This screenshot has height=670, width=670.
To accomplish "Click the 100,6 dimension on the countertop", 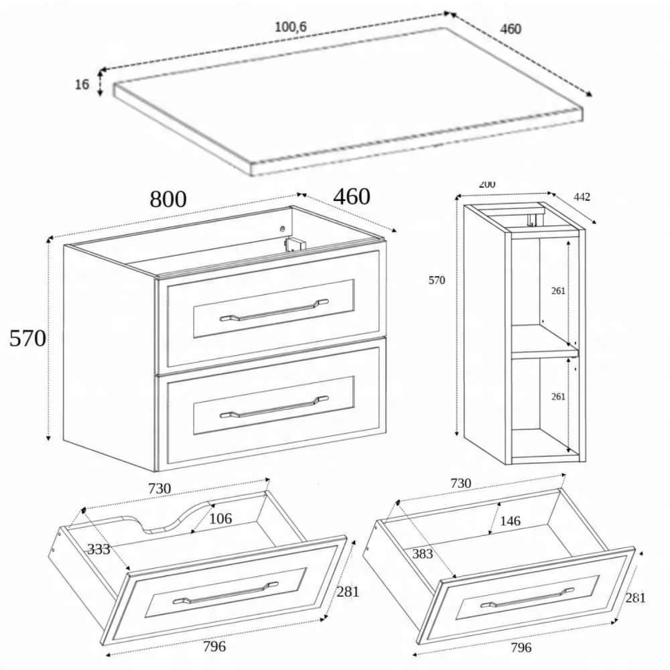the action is pyautogui.click(x=291, y=27).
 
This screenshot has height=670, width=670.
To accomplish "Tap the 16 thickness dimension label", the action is pyautogui.click(x=82, y=84).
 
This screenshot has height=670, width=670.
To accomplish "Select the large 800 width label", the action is pyautogui.click(x=168, y=199).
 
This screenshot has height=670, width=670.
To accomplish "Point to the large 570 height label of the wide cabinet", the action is pyautogui.click(x=27, y=338).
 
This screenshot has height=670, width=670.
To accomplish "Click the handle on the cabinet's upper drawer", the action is pyautogui.click(x=274, y=310).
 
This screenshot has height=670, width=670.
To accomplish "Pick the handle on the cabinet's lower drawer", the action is pyautogui.click(x=274, y=407).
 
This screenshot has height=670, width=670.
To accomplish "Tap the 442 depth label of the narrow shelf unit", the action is pyautogui.click(x=582, y=197).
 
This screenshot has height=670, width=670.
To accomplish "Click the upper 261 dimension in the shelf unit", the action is pyautogui.click(x=558, y=291).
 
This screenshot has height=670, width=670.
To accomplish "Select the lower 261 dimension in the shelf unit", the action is pyautogui.click(x=558, y=397).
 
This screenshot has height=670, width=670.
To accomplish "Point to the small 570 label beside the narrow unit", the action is pyautogui.click(x=437, y=280).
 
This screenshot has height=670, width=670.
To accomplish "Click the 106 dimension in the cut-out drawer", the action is pyautogui.click(x=220, y=519).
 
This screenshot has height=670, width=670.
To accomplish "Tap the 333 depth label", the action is pyautogui.click(x=98, y=549).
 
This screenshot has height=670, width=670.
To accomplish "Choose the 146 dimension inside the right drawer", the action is pyautogui.click(x=510, y=521).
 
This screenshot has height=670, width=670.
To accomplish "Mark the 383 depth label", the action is pyautogui.click(x=423, y=554).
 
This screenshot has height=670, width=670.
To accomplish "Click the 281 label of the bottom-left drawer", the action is pyautogui.click(x=348, y=592).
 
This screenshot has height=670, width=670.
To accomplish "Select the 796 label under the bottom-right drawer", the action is pyautogui.click(x=521, y=648).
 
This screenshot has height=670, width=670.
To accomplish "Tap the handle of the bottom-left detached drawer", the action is pyautogui.click(x=225, y=593).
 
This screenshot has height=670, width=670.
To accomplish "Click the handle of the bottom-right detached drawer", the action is pyautogui.click(x=527, y=598).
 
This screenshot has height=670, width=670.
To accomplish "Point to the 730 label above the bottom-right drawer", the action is pyautogui.click(x=461, y=483).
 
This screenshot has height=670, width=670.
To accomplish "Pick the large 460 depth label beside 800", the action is pyautogui.click(x=352, y=197).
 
